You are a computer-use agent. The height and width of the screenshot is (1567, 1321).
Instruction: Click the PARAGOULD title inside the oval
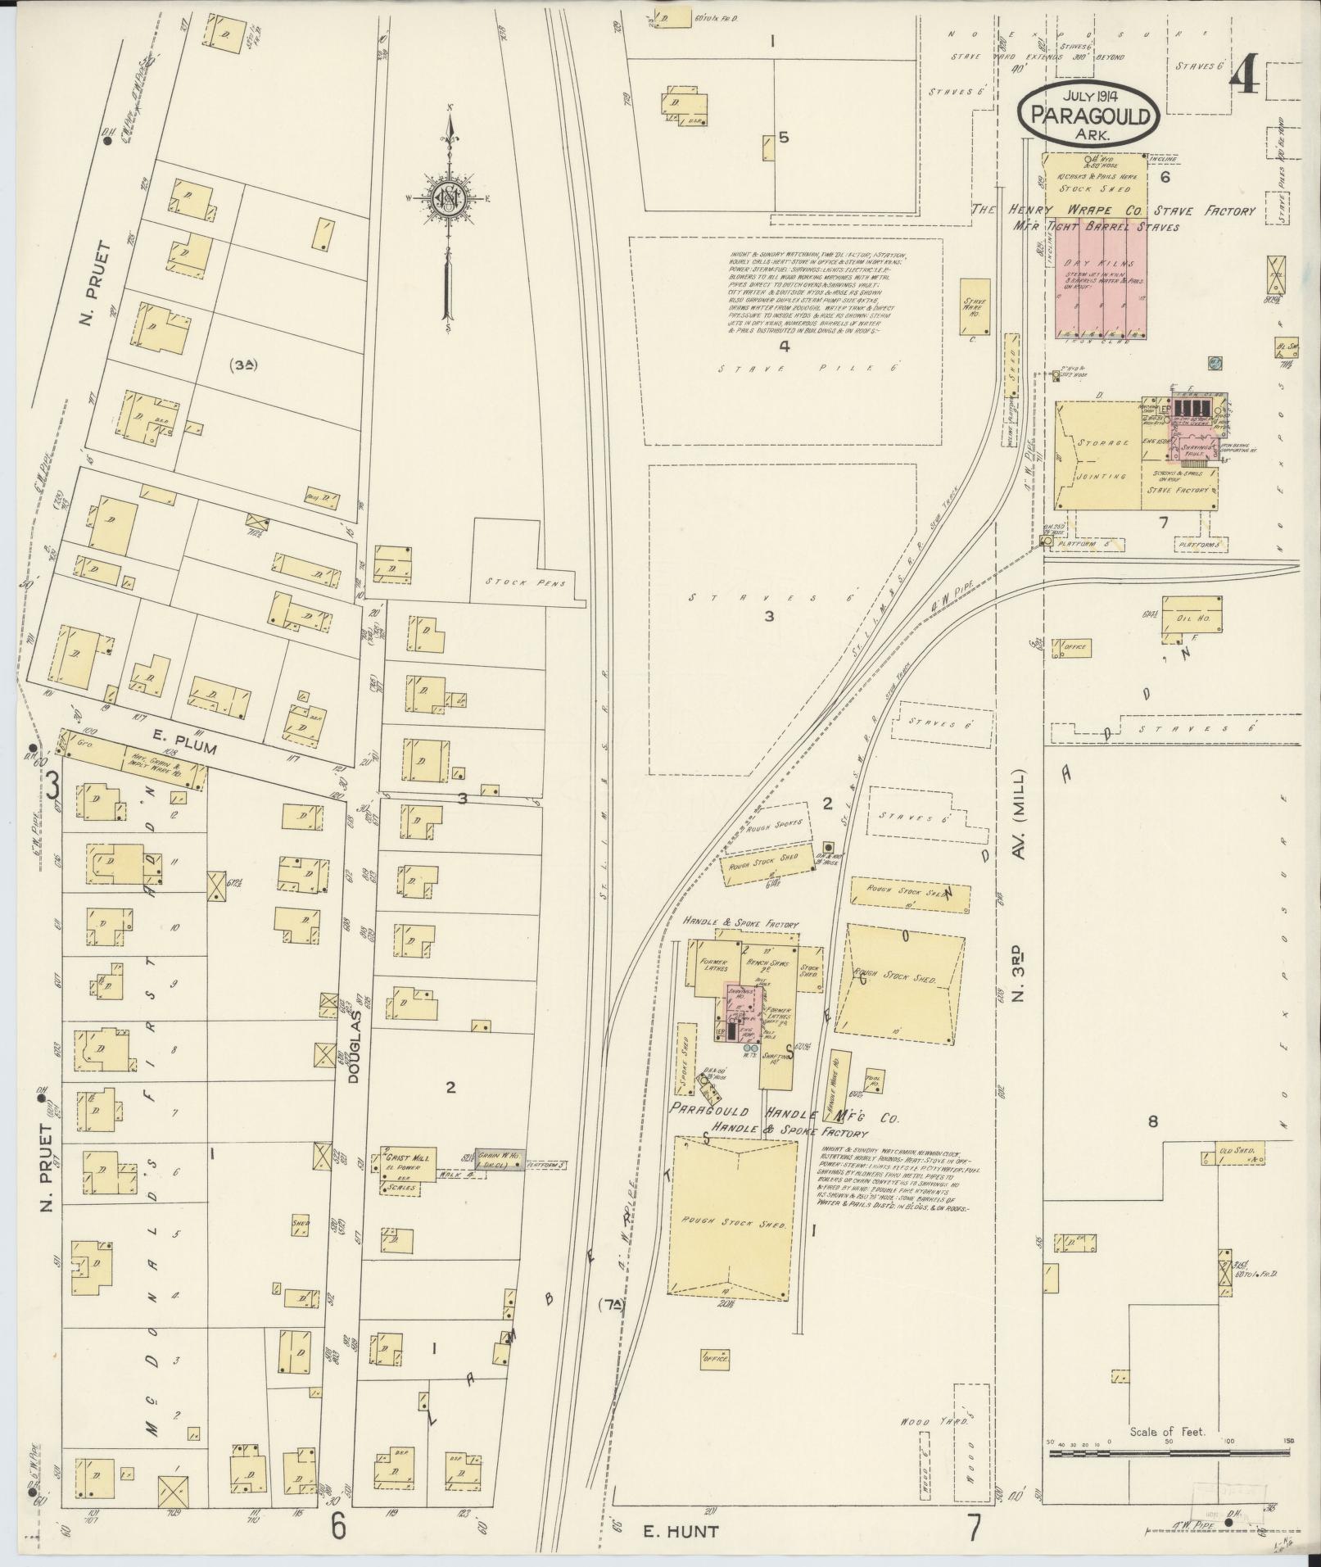pyautogui.click(x=1089, y=115)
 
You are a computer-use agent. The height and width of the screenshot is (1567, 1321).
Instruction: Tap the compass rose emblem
pyautogui.click(x=450, y=197)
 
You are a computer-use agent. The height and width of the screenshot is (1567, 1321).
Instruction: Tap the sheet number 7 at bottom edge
pyautogui.click(x=973, y=1527)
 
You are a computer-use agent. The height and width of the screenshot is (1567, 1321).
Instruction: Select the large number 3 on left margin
pyautogui.click(x=52, y=788)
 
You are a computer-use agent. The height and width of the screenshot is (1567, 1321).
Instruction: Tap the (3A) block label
pyautogui.click(x=242, y=365)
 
